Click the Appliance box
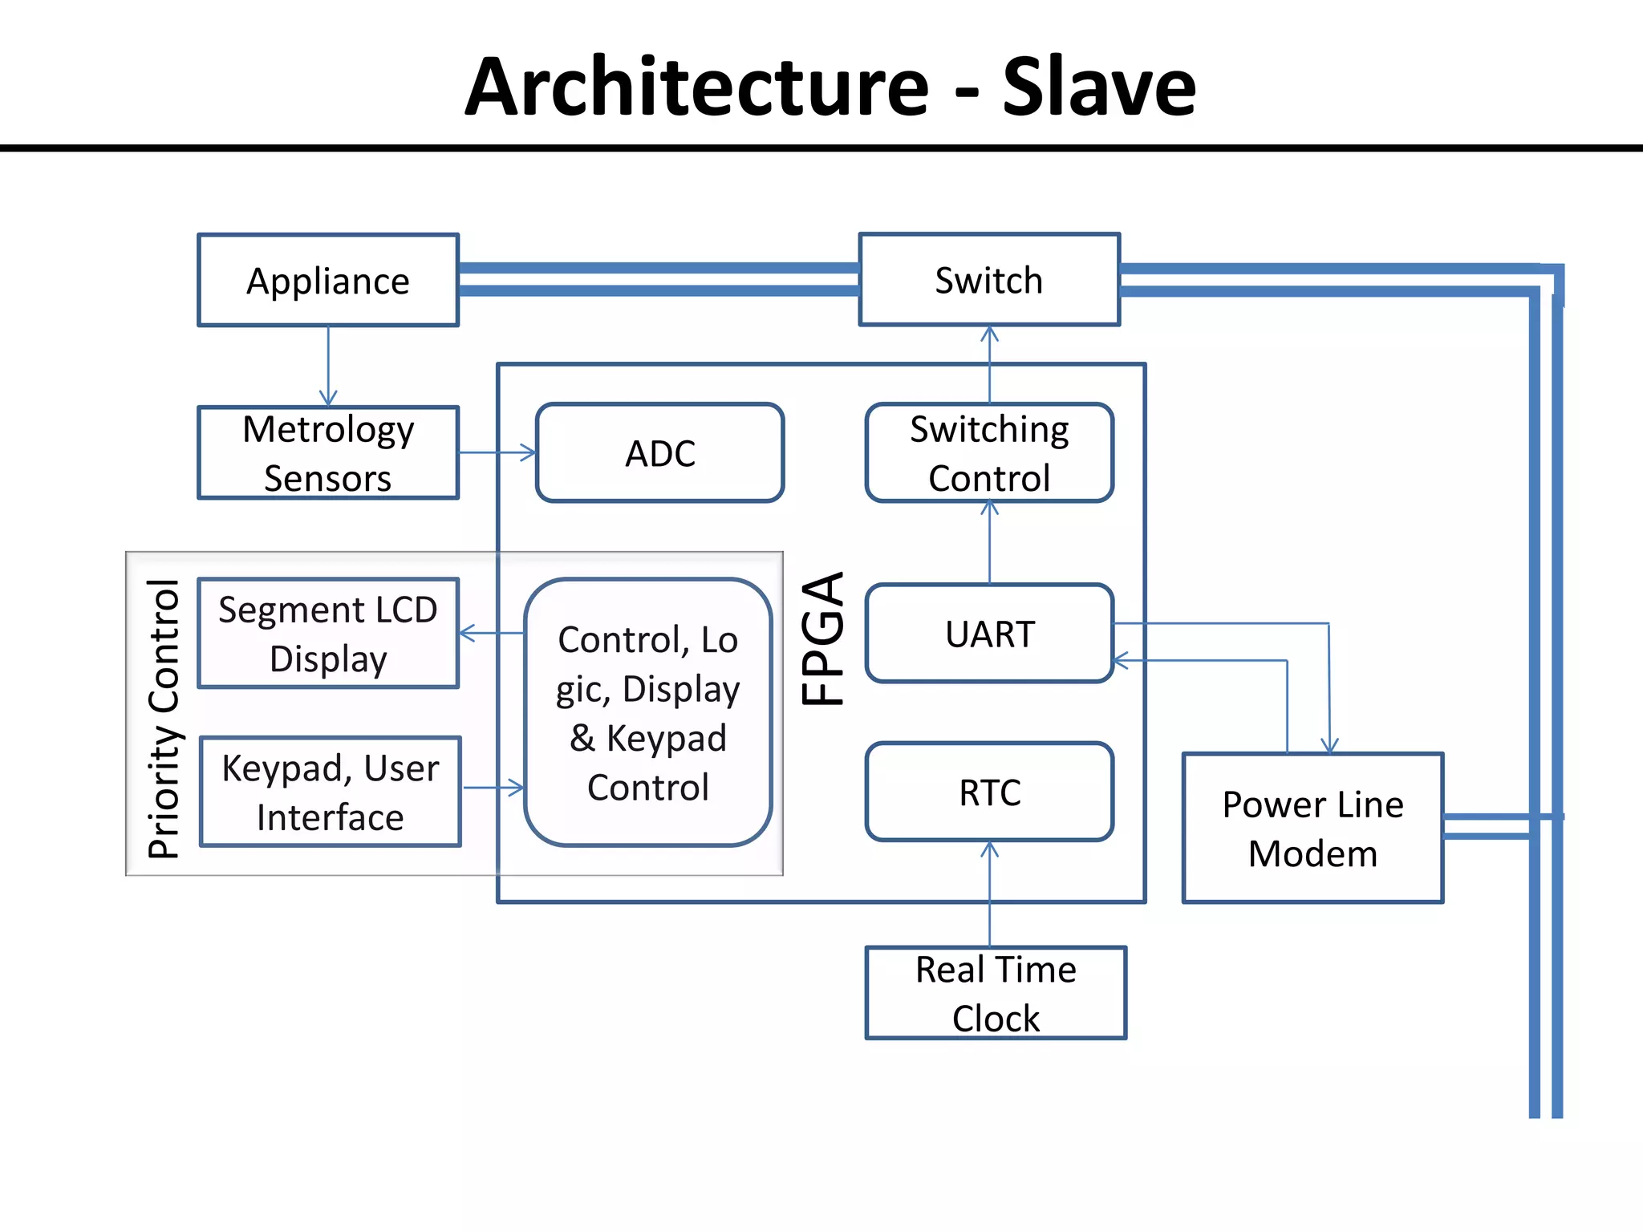pos(328,281)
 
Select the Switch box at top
pos(989,280)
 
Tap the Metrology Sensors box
pos(328,453)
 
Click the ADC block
pos(659,453)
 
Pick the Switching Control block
pos(989,453)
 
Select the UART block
pos(989,634)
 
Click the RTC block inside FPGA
pos(989,792)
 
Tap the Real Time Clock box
pos(996,993)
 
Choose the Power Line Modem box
pos(1312,829)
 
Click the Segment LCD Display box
pos(328,634)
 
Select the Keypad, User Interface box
pos(330,792)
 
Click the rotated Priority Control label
pos(164,719)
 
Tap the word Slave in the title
pos(1098,87)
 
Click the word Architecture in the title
pos(696,87)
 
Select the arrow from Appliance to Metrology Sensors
pos(328,366)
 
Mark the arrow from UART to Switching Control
pos(989,542)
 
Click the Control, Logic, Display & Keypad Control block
pos(648,712)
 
